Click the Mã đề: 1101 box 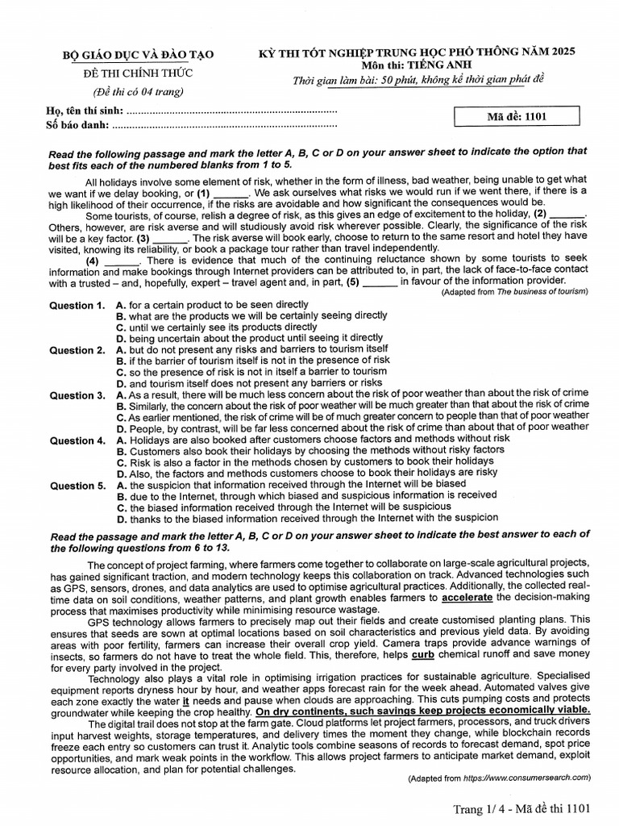pos(517,116)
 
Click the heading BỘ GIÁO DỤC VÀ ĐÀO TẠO pos(139,55)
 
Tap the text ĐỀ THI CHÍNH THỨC pos(139,73)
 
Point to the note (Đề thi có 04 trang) pos(139,91)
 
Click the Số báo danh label pos(77,125)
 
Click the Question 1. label pos(77,306)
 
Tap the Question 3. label pos(77,396)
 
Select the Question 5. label pos(77,486)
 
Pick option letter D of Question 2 pos(121,383)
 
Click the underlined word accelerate pos(468,598)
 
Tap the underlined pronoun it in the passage pos(185,701)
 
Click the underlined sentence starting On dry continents pos(422,711)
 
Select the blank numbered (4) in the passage pos(122,261)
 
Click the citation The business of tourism pos(542,291)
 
